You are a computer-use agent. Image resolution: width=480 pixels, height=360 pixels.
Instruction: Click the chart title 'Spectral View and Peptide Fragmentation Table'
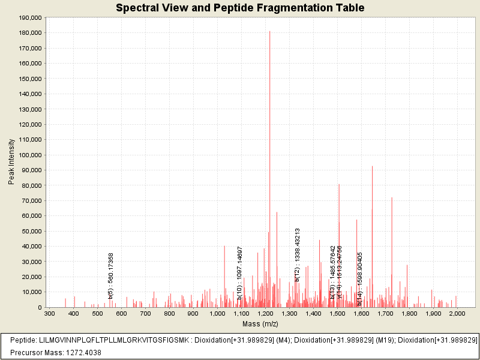(240, 8)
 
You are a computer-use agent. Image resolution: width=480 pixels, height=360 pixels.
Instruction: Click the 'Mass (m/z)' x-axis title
(260, 324)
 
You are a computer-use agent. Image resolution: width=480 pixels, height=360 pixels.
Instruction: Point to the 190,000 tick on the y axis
(30, 18)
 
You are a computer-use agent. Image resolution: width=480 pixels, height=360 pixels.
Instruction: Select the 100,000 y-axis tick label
(30, 155)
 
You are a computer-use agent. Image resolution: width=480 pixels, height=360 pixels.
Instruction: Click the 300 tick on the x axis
(50, 313)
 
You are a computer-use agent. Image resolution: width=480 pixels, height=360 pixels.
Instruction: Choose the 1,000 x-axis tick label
(217, 313)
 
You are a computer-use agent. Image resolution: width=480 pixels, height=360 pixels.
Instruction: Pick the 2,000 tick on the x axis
(457, 313)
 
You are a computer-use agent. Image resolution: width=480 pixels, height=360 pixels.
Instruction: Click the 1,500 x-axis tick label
(337, 313)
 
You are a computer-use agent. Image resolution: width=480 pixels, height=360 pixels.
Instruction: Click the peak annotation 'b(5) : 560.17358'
(111, 275)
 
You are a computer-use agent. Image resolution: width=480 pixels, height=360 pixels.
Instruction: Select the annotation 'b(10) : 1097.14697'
(240, 273)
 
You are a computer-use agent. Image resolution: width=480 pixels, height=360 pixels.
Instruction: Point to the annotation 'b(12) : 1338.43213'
(297, 254)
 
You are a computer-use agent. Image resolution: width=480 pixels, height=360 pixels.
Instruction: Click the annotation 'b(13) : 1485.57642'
(332, 272)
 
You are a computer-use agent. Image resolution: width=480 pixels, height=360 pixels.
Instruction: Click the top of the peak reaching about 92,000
(373, 167)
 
